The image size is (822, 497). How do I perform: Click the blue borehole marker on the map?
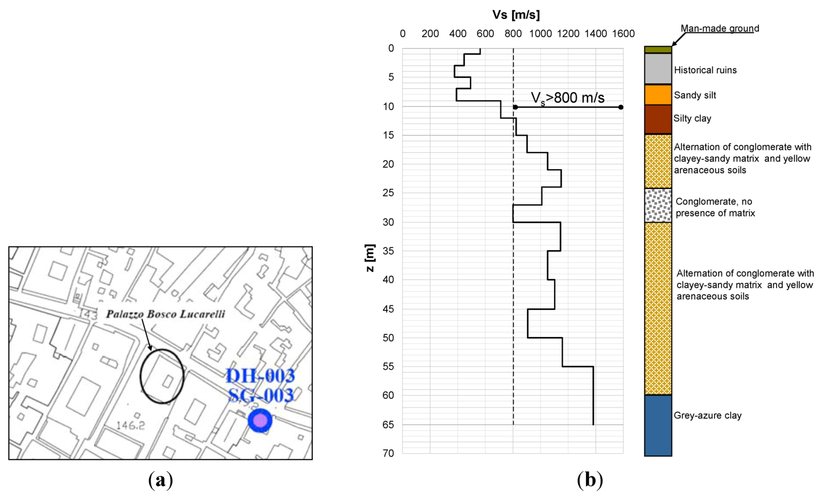(260, 421)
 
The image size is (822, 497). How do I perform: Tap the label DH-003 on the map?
(260, 376)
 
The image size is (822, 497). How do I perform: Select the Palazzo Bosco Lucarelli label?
(166, 314)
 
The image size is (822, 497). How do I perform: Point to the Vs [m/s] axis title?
(516, 15)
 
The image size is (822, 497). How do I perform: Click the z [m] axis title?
(370, 258)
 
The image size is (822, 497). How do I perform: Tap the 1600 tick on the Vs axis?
(623, 34)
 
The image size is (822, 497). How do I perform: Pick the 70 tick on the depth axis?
(388, 453)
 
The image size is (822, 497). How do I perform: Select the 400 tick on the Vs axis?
(458, 34)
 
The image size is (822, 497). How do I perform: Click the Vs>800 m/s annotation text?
(567, 98)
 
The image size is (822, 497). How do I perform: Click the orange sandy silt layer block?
(658, 95)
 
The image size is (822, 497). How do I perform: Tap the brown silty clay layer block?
(658, 119)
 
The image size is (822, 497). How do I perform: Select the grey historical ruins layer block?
(658, 69)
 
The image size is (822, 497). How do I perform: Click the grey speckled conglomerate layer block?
(658, 205)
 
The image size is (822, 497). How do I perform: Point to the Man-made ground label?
(720, 28)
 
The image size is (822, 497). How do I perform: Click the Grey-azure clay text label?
(707, 415)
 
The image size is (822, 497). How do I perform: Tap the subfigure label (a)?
(160, 480)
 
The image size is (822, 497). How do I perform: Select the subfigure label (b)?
(590, 480)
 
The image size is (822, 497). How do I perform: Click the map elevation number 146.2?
(131, 425)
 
